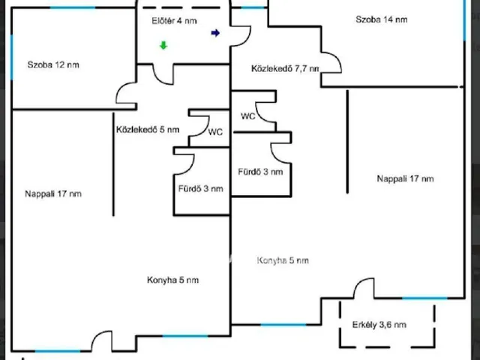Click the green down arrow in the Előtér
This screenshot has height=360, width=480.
[163, 45]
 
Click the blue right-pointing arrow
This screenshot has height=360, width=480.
[215, 33]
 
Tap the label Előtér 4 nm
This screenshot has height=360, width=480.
[174, 21]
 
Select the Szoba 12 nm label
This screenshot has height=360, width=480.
[53, 65]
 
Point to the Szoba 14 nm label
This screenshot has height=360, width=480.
[382, 19]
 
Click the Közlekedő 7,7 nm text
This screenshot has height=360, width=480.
[285, 68]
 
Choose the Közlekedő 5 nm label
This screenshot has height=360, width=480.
[148, 130]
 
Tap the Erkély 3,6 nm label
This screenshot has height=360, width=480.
[379, 325]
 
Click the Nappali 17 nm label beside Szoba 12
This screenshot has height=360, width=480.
[53, 193]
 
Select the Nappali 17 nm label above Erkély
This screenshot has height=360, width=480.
[405, 178]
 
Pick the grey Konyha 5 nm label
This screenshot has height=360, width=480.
[283, 260]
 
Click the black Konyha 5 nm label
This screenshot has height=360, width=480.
[173, 280]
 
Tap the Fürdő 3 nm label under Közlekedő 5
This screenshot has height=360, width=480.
[201, 188]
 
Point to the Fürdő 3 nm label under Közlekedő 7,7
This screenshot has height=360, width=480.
[260, 172]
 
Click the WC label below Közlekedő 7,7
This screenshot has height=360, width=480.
[248, 116]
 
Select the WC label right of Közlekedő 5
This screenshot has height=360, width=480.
[215, 132]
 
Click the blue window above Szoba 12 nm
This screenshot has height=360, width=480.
[73, 7]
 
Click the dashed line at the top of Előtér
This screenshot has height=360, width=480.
[181, 7]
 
